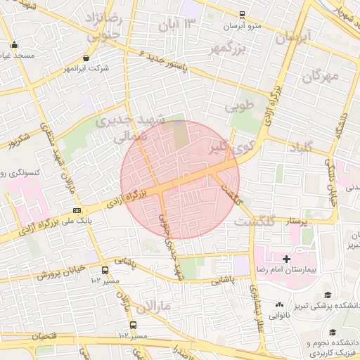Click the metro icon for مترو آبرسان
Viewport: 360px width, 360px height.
[243, 14]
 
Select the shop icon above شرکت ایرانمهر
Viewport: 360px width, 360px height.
[86, 58]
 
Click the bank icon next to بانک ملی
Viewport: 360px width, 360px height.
[76, 210]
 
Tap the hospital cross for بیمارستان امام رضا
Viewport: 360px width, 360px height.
[286, 259]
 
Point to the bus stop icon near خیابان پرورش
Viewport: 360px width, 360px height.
[105, 269]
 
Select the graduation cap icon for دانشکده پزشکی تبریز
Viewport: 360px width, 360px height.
[327, 295]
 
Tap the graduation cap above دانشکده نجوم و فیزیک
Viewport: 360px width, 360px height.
[331, 332]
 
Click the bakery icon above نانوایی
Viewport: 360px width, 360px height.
[279, 304]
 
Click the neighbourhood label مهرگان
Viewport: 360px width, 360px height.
[321, 76]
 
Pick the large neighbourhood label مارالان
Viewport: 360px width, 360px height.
[153, 306]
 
